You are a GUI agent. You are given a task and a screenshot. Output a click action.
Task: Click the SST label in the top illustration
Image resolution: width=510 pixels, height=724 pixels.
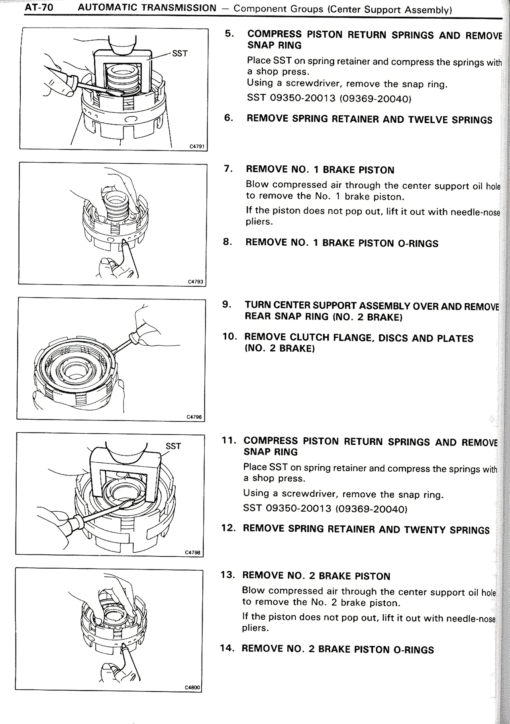pyautogui.click(x=180, y=53)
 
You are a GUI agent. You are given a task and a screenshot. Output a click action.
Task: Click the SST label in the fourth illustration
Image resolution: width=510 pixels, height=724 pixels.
pyautogui.click(x=173, y=446)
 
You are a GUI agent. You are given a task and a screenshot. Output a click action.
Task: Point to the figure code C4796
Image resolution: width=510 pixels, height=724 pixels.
pyautogui.click(x=194, y=417)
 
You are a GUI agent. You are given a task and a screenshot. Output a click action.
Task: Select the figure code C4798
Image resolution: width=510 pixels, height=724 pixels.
pyautogui.click(x=193, y=552)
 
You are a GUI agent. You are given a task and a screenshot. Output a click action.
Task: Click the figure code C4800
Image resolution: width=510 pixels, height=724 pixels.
pyautogui.click(x=192, y=687)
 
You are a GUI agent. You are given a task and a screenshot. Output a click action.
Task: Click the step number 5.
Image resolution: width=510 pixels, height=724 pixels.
pyautogui.click(x=229, y=33)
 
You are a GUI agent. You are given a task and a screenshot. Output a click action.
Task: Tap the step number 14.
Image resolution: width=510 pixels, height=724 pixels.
pyautogui.click(x=228, y=648)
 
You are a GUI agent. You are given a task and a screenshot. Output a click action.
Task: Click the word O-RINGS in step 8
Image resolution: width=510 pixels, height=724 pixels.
pyautogui.click(x=418, y=243)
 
